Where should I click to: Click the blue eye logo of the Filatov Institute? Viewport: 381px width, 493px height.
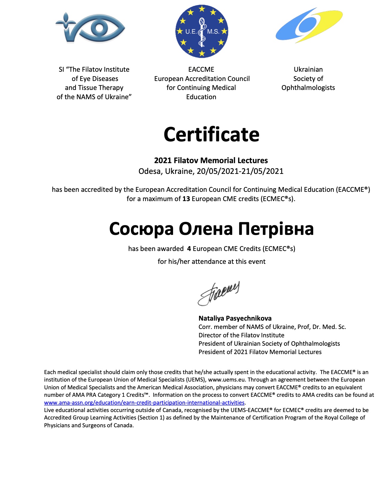(x=90, y=28)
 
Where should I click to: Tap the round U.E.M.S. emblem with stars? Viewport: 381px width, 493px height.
(x=202, y=31)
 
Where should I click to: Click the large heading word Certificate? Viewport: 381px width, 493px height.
(x=211, y=134)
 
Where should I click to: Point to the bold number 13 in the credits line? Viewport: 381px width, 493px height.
(x=186, y=199)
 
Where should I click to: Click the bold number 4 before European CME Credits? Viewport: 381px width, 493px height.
(x=189, y=249)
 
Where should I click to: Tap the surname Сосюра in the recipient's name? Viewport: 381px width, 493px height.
(x=141, y=229)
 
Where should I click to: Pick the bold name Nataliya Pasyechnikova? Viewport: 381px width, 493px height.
(x=235, y=318)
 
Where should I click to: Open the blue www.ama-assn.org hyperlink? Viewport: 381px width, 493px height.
(x=144, y=402)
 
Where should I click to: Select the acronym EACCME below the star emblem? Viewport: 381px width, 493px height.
(x=201, y=69)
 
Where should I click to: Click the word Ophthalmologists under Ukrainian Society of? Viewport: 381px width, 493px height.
(x=308, y=88)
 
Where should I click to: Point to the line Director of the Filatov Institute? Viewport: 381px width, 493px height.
(x=241, y=335)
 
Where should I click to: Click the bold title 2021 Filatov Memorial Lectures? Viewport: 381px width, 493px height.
(x=211, y=160)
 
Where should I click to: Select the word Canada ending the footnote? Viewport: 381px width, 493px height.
(x=123, y=425)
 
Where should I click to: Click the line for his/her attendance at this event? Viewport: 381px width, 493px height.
(x=212, y=262)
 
